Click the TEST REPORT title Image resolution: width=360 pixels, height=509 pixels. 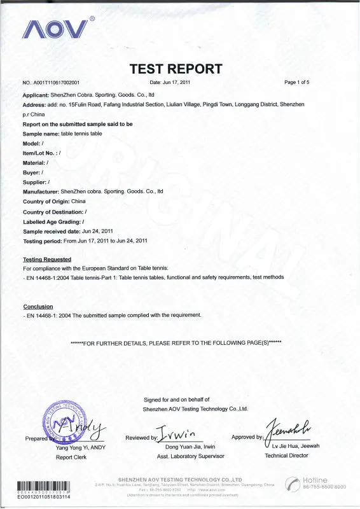(176, 69)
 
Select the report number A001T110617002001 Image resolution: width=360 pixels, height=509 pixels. (55, 83)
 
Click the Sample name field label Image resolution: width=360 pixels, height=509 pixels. (40, 134)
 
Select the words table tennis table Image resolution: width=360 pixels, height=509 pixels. (81, 134)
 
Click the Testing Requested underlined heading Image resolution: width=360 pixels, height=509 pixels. (47, 260)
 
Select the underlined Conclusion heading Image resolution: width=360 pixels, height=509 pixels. (38, 307)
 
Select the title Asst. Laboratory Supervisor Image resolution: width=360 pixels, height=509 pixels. (190, 456)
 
